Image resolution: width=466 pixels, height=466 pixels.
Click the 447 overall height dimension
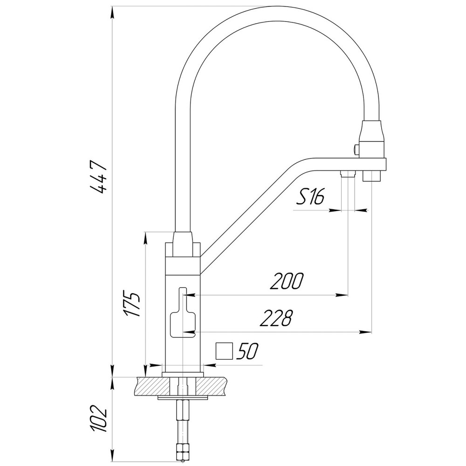[99, 177]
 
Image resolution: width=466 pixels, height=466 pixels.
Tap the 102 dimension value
[99, 418]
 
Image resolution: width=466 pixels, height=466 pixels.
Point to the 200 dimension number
[287, 281]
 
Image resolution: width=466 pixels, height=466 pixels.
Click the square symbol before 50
[224, 351]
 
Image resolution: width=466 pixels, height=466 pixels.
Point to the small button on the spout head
[356, 149]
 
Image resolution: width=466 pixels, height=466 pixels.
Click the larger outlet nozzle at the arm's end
[372, 176]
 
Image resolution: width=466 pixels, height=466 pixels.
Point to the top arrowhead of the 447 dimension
[112, 12]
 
